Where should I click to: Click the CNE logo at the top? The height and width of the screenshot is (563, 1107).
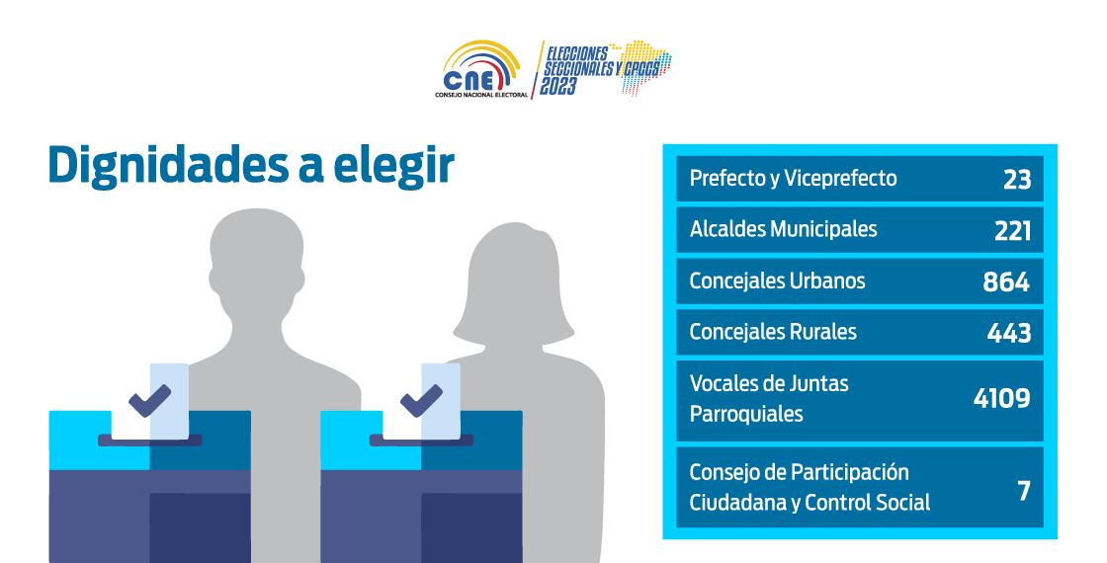click(x=481, y=70)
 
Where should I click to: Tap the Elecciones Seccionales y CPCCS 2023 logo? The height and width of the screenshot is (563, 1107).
click(x=605, y=68)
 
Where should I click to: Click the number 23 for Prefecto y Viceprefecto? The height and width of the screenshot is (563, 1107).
click(x=1017, y=180)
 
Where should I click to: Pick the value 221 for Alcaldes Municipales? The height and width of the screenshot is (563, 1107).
click(x=1012, y=231)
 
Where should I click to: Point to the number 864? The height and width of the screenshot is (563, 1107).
click(x=1007, y=282)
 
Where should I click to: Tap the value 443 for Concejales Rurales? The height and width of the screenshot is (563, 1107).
click(x=1009, y=333)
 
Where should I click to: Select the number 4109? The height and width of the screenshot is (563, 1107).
click(x=1002, y=399)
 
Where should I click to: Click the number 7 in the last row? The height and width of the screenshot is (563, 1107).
click(x=1024, y=491)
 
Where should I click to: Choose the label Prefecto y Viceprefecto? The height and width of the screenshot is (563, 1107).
click(x=793, y=179)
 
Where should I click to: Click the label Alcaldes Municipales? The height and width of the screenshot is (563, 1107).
click(x=783, y=228)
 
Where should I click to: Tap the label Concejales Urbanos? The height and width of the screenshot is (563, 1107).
click(x=777, y=281)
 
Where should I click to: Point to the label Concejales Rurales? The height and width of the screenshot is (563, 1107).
click(x=773, y=332)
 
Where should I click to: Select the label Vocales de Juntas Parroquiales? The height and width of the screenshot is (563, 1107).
click(x=769, y=399)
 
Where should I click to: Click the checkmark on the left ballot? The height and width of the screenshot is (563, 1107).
click(x=149, y=400)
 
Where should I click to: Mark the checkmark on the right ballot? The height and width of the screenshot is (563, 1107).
click(x=421, y=400)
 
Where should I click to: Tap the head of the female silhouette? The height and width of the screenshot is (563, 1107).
click(x=513, y=282)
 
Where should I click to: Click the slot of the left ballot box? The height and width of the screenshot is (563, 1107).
click(x=149, y=441)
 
